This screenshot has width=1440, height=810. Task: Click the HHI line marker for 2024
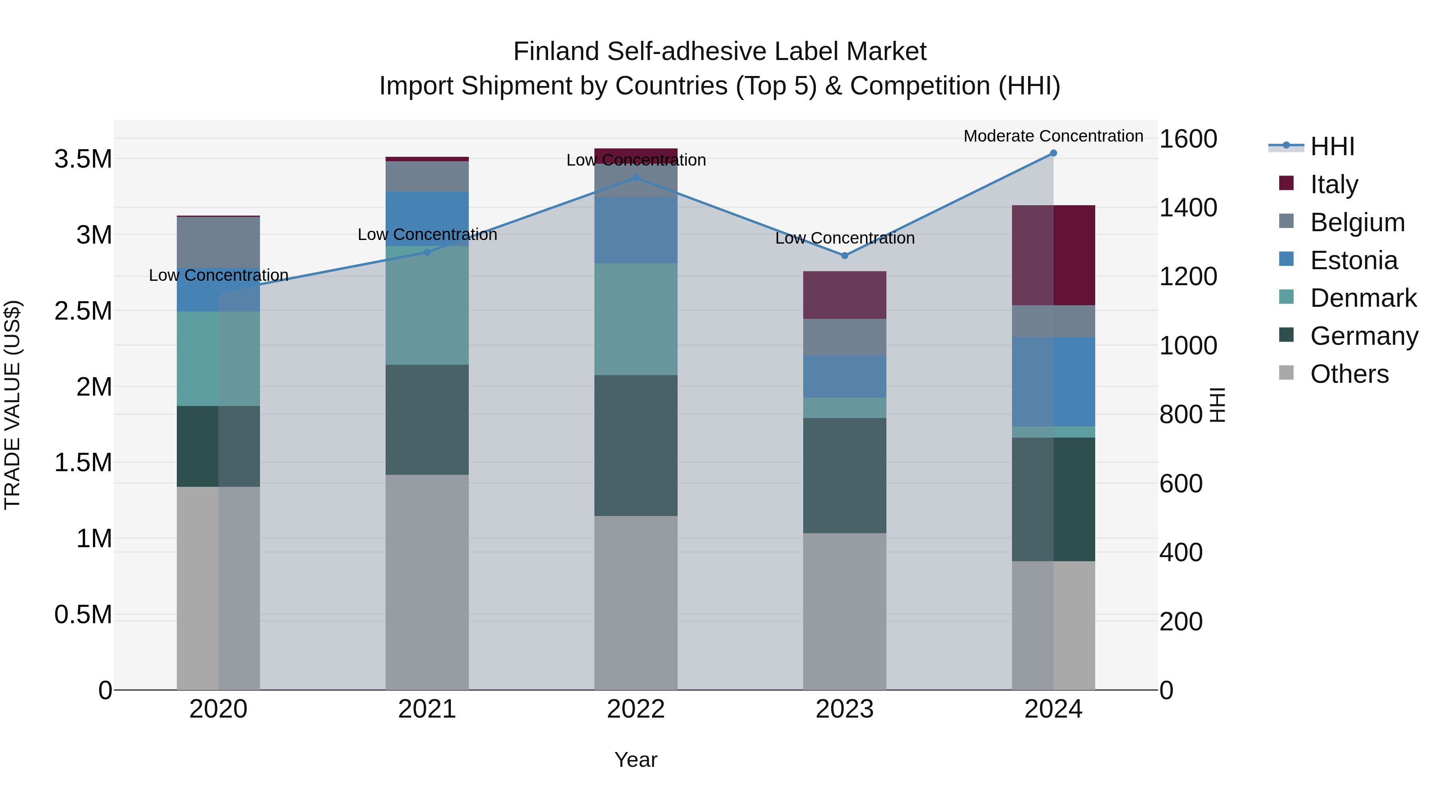coord(1053,153)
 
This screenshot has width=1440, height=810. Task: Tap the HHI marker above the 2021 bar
coord(427,252)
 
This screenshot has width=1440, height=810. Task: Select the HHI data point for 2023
coord(845,256)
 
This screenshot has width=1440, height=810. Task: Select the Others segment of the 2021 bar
coord(427,581)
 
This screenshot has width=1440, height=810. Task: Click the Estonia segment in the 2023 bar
coord(845,376)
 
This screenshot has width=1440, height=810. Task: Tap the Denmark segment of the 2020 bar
coord(218,358)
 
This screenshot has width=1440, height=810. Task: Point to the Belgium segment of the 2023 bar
coord(845,337)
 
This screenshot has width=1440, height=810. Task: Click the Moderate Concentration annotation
coord(1053,136)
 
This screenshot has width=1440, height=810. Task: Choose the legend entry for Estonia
coord(1353,260)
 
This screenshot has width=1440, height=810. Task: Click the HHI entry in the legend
coord(1332,146)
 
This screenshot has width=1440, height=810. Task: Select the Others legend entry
coord(1349,374)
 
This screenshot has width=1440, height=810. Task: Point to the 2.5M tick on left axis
coord(83,311)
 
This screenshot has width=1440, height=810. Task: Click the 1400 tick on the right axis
coord(1188,207)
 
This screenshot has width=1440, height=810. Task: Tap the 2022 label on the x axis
coord(636,709)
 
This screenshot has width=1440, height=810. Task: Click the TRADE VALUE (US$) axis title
coord(12,405)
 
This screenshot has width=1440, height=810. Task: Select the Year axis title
coord(636,760)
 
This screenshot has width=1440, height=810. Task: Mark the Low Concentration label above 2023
coord(845,238)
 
